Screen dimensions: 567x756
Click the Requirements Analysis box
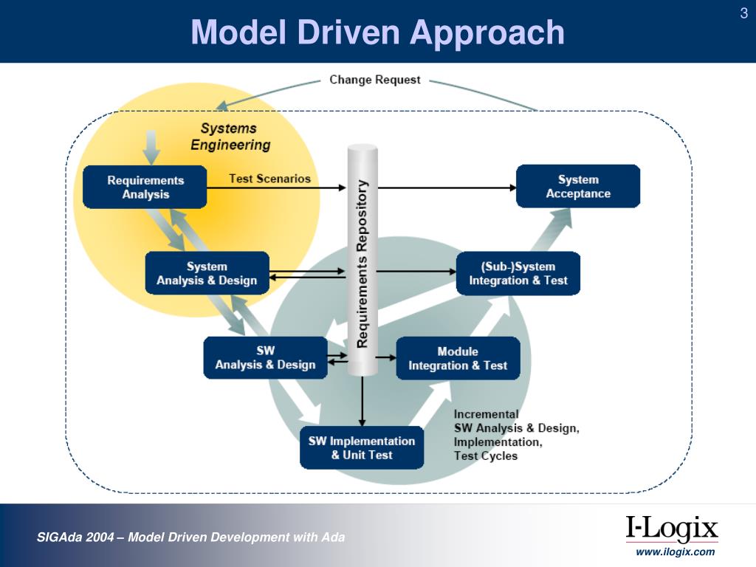pos(145,187)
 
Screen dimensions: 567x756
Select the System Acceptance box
pos(578,186)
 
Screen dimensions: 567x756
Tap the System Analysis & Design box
pos(207,273)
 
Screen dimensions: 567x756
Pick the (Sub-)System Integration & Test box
pos(518,273)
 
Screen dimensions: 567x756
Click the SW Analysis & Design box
pos(265,358)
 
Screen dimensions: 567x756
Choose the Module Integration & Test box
pos(458,358)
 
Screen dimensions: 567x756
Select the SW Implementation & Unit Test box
pos(362,447)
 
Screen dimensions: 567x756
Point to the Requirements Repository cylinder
pos(362,258)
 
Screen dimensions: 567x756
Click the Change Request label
pos(375,80)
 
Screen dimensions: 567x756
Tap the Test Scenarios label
pos(269,179)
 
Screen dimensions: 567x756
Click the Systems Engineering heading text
pos(230,137)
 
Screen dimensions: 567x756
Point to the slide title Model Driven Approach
pos(377,32)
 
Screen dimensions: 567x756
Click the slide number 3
pos(743,13)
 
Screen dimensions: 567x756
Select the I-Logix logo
pos(672,529)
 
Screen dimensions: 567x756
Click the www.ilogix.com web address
pos(676,551)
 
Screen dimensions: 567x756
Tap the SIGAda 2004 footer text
pos(191,537)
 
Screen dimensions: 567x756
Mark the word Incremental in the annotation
pos(486,414)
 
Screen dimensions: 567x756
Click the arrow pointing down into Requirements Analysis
pos(151,147)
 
